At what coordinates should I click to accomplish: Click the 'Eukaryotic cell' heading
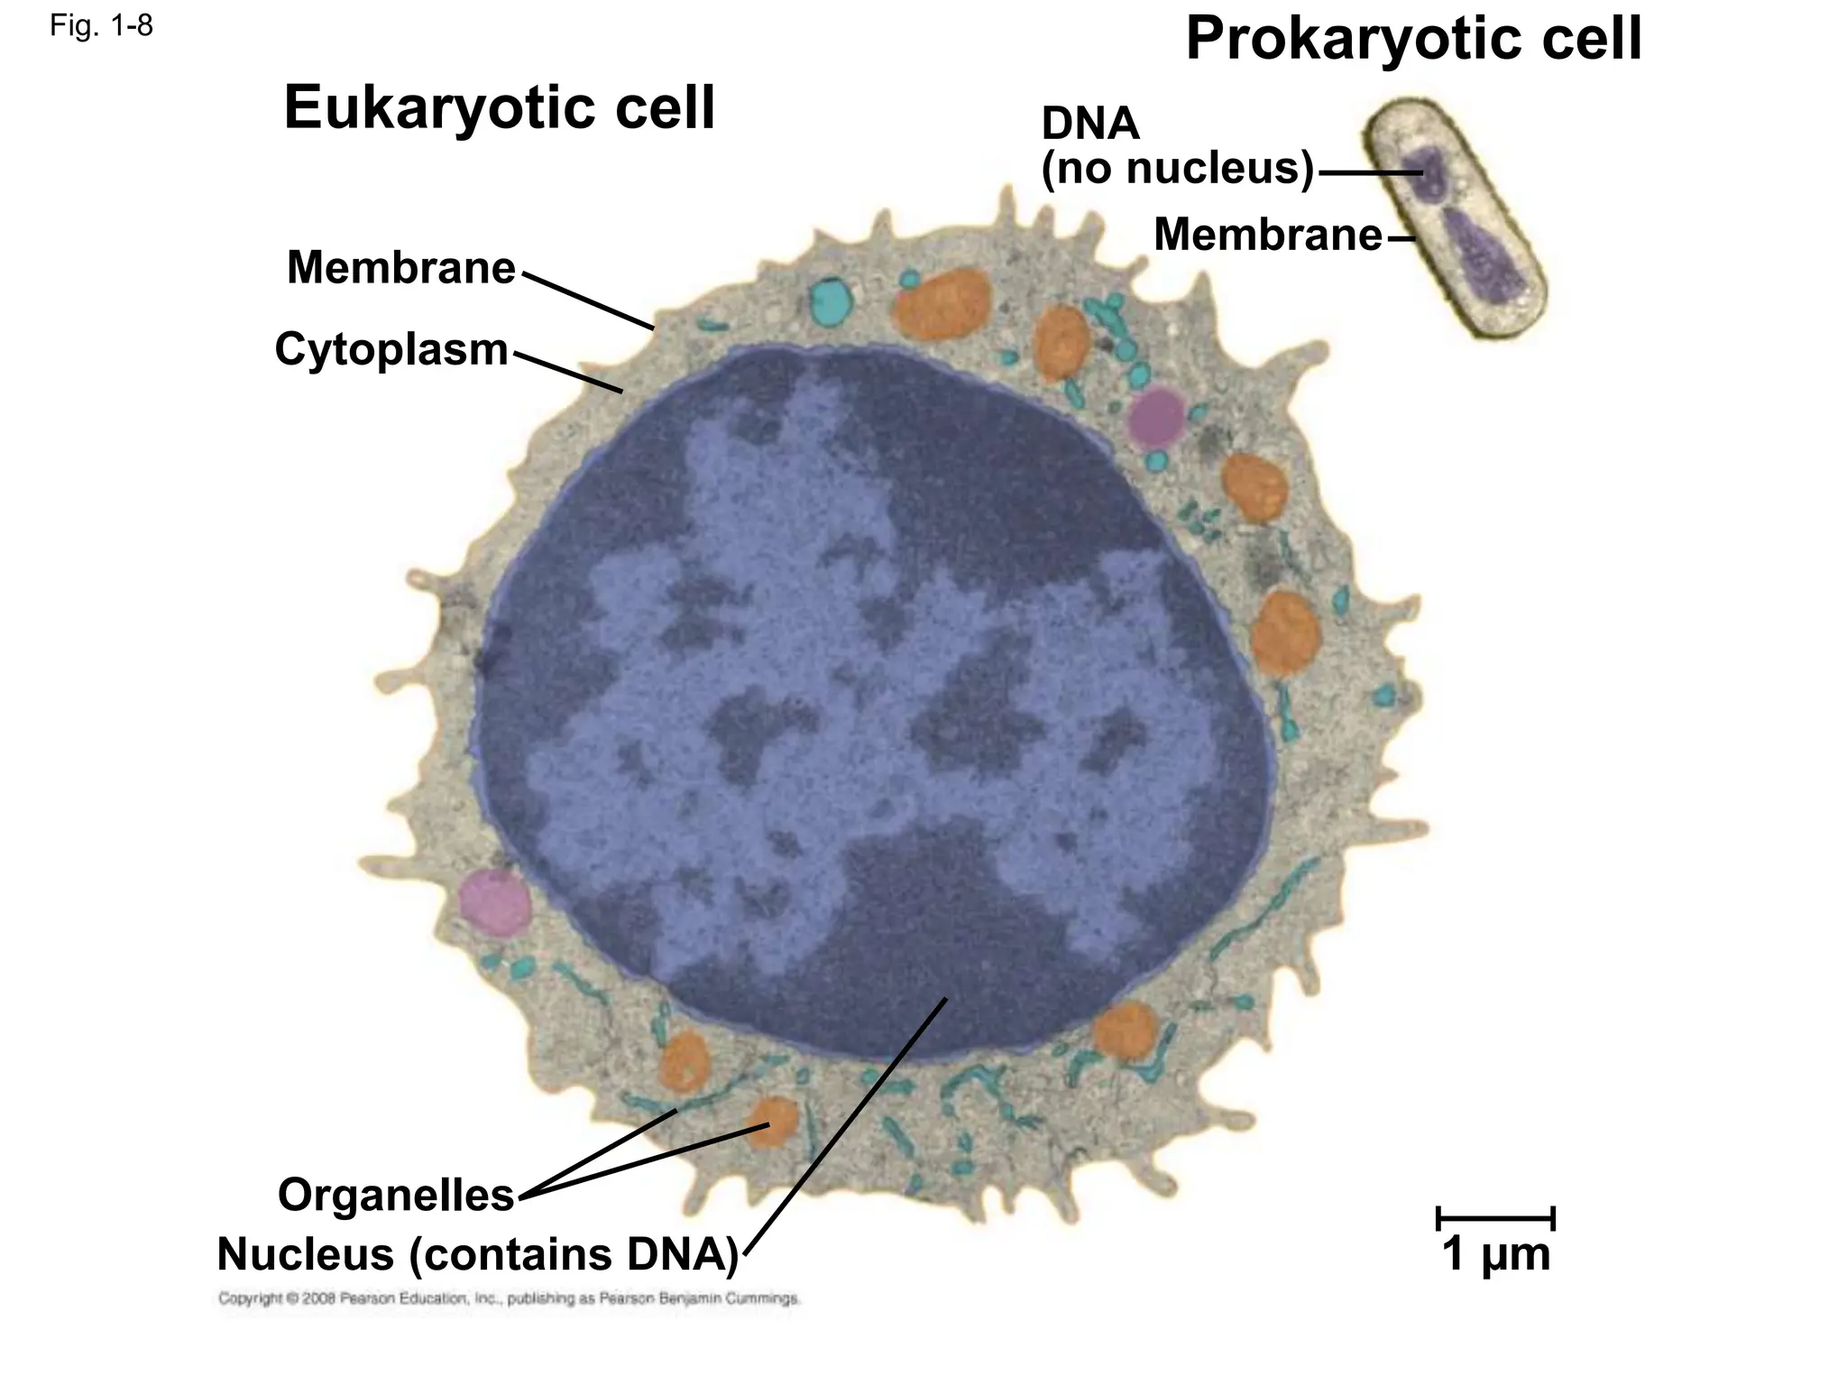coord(499,108)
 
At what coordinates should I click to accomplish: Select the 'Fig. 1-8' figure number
coord(101,26)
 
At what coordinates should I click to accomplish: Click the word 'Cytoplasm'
coord(391,349)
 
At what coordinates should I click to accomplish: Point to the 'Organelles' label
coord(396,1195)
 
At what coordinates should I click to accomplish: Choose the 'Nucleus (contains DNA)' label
coord(477,1253)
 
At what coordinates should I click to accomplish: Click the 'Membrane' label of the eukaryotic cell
coord(400,268)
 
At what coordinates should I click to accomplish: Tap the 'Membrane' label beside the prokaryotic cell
coord(1267,236)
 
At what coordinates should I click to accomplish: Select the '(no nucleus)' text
coord(1178,168)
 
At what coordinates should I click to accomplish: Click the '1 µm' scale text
coord(1496,1254)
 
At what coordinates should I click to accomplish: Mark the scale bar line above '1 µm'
coord(1495,1218)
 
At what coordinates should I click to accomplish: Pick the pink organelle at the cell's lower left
coord(492,901)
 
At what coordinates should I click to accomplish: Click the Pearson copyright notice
coord(509,1299)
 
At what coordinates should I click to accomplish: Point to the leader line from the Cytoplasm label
coord(567,371)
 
